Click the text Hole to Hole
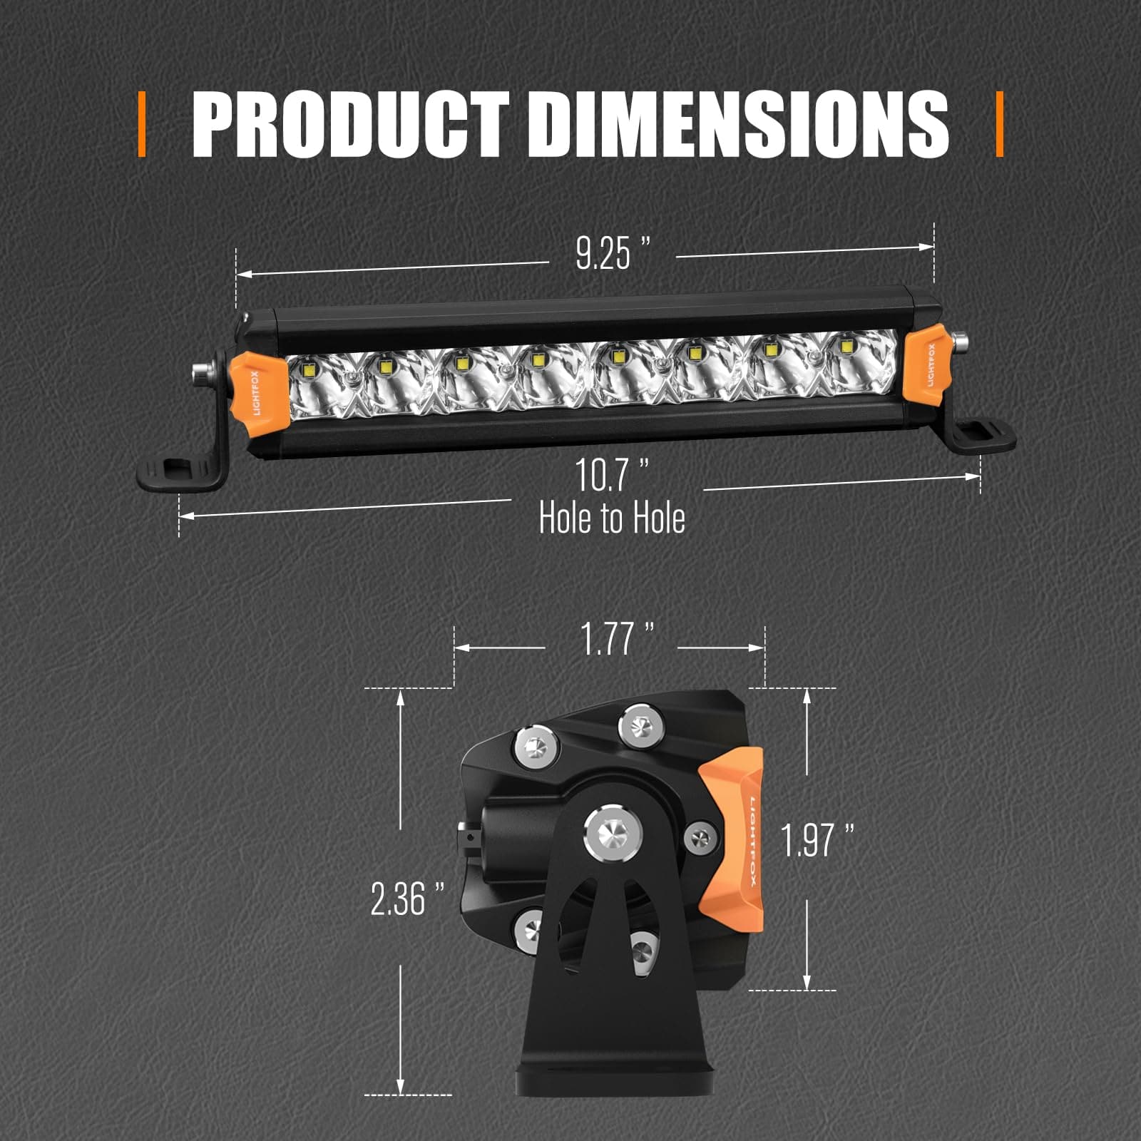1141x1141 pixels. (612, 518)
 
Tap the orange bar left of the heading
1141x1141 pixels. (142, 124)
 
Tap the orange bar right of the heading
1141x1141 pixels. (999, 124)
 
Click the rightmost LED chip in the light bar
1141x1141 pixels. (846, 347)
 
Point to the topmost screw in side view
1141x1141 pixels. (639, 725)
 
